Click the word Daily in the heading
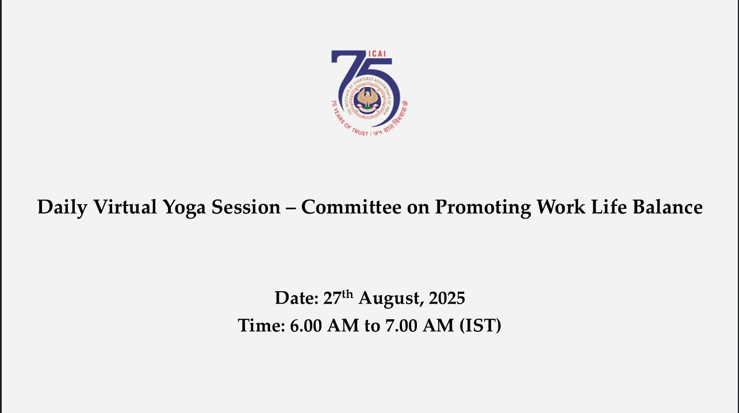click(x=62, y=208)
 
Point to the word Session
click(x=246, y=207)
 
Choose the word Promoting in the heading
click(x=483, y=208)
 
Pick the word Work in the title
click(x=561, y=207)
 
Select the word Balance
click(x=668, y=207)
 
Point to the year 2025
click(x=447, y=298)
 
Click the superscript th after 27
click(x=347, y=293)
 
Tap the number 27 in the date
click(x=332, y=298)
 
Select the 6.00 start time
click(x=306, y=325)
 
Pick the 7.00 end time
click(x=401, y=325)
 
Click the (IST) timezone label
click(x=480, y=326)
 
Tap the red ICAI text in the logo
click(x=377, y=53)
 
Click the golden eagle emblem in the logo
click(x=367, y=98)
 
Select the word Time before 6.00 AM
click(x=261, y=325)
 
